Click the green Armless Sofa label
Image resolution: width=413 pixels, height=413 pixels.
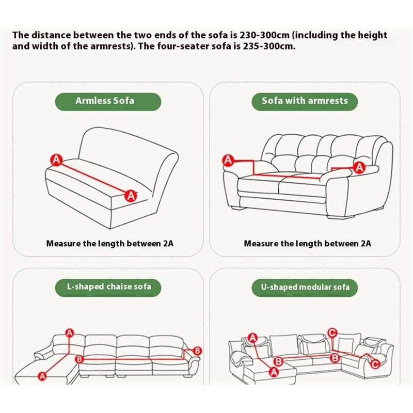click(105, 101)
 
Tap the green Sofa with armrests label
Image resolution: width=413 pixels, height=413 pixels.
click(305, 101)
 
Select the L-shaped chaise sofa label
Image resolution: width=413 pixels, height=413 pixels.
click(108, 287)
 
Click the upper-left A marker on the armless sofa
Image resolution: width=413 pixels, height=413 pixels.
click(56, 160)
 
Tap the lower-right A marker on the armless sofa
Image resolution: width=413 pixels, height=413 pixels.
click(131, 195)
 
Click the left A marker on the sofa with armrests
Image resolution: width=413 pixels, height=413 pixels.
click(228, 161)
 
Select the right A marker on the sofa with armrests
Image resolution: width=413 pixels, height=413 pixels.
click(360, 167)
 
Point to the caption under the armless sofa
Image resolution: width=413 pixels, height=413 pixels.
click(110, 243)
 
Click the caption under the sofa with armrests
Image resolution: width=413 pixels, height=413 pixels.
click(307, 243)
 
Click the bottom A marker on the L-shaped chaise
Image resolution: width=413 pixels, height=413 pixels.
click(43, 377)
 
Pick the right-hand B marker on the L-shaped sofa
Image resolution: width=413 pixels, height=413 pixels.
click(196, 351)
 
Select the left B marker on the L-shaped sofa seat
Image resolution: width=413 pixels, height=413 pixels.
click(80, 358)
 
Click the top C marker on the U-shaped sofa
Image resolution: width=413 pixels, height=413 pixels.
click(333, 332)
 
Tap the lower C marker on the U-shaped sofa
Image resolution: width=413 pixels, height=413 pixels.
click(375, 364)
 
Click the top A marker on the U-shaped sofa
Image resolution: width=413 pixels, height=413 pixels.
click(252, 338)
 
